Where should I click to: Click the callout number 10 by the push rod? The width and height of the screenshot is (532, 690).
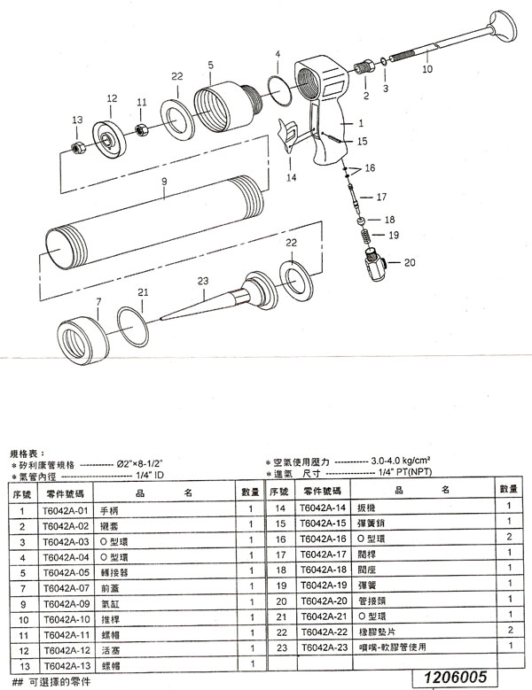point(426,67)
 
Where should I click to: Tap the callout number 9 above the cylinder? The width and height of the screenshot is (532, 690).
point(164,181)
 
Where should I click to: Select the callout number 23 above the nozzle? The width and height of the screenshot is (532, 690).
point(203,281)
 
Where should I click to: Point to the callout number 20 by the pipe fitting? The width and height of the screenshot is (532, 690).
point(409,262)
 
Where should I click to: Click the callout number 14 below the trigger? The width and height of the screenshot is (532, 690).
point(290,177)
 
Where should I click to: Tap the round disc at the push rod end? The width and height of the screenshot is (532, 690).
point(498,26)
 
